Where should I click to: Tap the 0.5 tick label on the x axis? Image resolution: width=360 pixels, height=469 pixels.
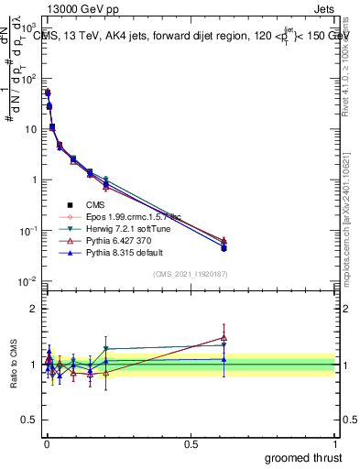(191, 443)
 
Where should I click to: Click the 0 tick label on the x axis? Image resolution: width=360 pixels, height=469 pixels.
(46, 443)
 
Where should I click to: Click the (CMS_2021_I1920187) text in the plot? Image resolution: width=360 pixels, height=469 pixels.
(190, 275)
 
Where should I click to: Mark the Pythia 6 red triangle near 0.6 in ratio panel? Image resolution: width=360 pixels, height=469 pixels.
(224, 338)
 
